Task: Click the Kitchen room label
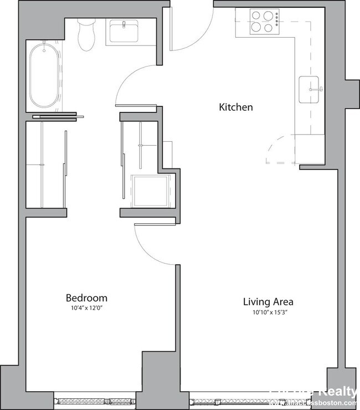coord(236,107)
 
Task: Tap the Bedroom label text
coord(86,298)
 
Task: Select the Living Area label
coord(268,302)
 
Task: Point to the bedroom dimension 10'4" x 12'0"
coord(86,307)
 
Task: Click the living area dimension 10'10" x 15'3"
coord(268,312)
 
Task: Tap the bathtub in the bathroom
coord(44,76)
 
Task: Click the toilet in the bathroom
coord(86,34)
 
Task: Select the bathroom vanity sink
coord(125,32)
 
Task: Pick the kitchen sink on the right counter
coord(311,89)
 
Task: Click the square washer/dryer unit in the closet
coord(150,191)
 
